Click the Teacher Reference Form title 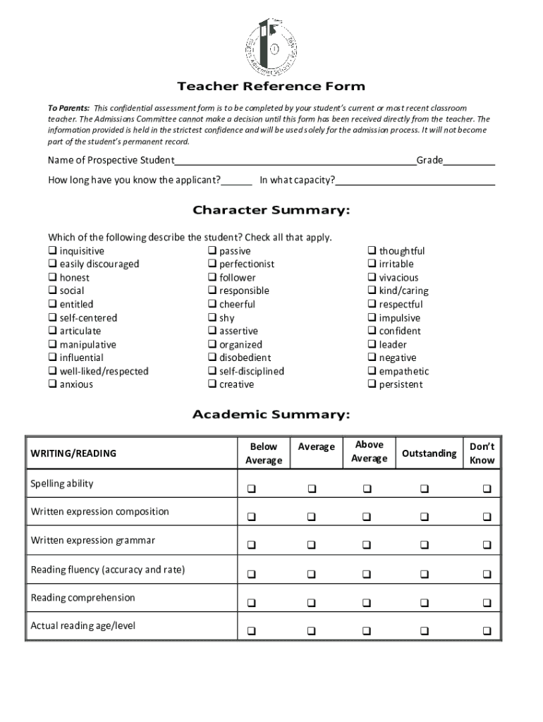pyautogui.click(x=271, y=87)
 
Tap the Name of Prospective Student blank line pyautogui.click(x=295, y=161)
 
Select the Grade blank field pyautogui.click(x=469, y=161)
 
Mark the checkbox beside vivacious pyautogui.click(x=372, y=278)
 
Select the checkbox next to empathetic pyautogui.click(x=372, y=371)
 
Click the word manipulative pyautogui.click(x=87, y=345)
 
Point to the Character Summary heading pyautogui.click(x=271, y=211)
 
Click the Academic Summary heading pyautogui.click(x=271, y=415)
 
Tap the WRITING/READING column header pyautogui.click(x=73, y=453)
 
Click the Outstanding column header pyautogui.click(x=429, y=453)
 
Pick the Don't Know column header pyautogui.click(x=482, y=453)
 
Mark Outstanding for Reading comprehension pyautogui.click(x=424, y=603)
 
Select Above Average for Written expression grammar pyautogui.click(x=367, y=545)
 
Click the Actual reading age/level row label pyautogui.click(x=83, y=625)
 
